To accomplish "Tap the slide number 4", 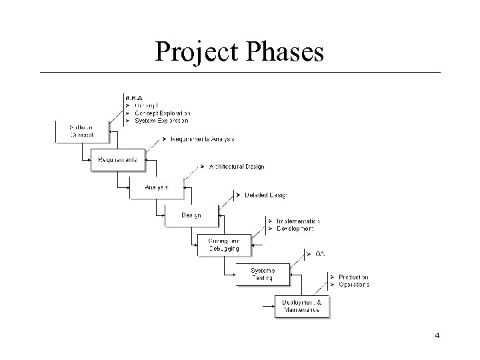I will coord(437,335).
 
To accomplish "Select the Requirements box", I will coord(117,160).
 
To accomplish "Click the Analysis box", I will coord(156,187).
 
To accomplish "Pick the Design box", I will coord(192,215).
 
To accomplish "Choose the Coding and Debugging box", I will coord(219,245).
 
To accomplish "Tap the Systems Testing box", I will coord(263,273).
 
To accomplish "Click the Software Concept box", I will coord(81,131).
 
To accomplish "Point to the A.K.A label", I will coord(134,97).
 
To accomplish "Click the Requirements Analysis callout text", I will coord(202,139).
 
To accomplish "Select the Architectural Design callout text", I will coord(236,167).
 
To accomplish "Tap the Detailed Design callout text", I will coord(265,195).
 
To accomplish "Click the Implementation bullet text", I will coord(297,221).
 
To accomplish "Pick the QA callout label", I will coord(320,254).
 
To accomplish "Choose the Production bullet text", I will coord(353,277).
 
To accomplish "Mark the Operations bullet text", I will coord(353,285).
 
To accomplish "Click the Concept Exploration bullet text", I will coord(162,113).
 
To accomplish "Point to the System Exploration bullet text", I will coord(161,121).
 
